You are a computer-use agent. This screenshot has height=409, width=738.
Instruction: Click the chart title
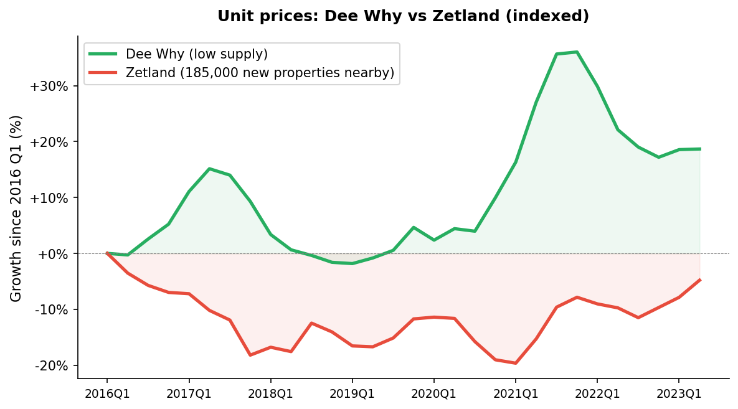coord(403,16)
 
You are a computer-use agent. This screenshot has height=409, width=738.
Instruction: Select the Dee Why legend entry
coord(196,54)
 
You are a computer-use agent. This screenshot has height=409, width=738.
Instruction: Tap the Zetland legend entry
coord(260,73)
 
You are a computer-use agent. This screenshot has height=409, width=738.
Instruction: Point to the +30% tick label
coord(49,86)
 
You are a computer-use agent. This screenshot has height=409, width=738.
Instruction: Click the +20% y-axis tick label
coord(49,142)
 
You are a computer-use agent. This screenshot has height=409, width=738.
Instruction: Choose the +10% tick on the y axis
coord(49,198)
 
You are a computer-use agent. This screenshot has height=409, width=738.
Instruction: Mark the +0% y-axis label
coord(52,254)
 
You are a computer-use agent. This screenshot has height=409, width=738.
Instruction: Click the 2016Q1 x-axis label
coord(107,394)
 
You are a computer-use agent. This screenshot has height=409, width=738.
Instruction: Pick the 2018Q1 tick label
coord(270,394)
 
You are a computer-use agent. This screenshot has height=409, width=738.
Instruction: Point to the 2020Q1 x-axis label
coord(434,394)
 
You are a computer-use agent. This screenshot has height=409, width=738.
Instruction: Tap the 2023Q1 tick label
coord(679,394)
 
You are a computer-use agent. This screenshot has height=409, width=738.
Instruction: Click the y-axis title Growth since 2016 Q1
coord(16,208)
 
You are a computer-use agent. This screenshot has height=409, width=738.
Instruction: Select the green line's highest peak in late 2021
coord(577,52)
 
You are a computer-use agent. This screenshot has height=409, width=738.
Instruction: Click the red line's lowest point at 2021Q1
coord(516,363)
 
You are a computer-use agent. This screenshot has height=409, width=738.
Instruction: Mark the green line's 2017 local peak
coord(209,169)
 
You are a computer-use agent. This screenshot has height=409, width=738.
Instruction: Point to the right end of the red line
coord(700,280)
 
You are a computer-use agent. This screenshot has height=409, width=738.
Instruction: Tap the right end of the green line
coord(700,149)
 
